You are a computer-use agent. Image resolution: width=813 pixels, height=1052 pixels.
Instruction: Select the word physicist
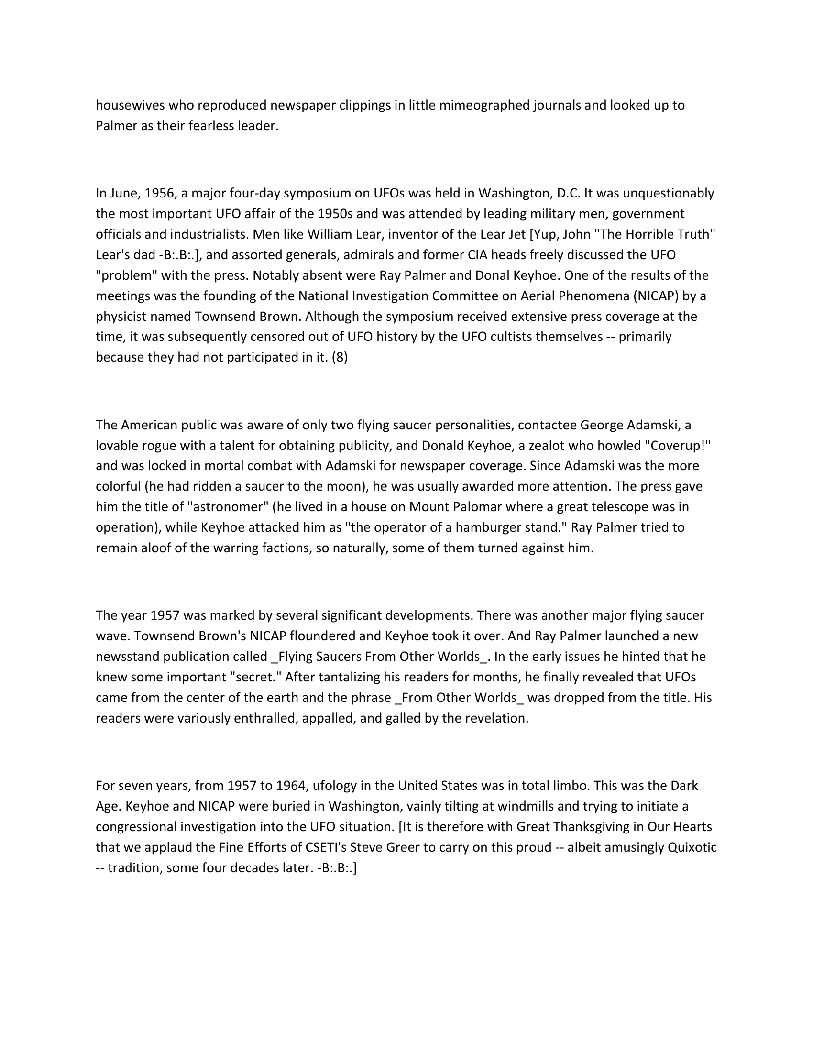click(121, 317)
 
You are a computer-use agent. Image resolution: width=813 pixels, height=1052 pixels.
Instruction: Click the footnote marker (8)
click(340, 357)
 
